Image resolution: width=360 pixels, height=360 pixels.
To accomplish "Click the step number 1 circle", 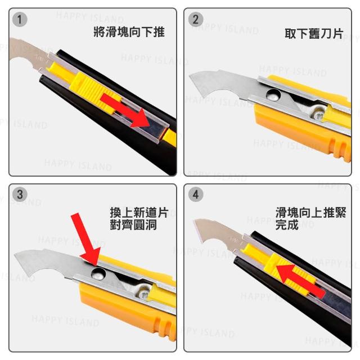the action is (20, 20).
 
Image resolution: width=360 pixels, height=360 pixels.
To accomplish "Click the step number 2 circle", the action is (196, 20).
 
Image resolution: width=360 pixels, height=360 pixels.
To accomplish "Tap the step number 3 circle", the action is (20, 195).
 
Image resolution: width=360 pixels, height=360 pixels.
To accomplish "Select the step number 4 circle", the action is (196, 195).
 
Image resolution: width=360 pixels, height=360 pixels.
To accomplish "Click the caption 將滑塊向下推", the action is (129, 32).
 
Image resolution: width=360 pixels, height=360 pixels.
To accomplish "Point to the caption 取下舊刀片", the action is (314, 34).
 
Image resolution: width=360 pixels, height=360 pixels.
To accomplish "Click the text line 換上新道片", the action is (139, 213).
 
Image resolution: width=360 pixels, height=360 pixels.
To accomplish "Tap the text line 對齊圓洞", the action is (133, 225).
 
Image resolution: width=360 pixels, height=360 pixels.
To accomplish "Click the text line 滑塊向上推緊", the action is (311, 213).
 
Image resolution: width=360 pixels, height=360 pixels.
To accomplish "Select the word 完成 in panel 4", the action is (287, 225).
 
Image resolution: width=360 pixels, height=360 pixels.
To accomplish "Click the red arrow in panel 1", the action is (125, 110).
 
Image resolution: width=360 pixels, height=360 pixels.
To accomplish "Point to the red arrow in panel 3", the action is (85, 238).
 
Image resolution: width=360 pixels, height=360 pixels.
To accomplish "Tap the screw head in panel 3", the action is (145, 294).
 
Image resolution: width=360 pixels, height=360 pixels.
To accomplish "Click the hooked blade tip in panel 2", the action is (190, 76).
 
